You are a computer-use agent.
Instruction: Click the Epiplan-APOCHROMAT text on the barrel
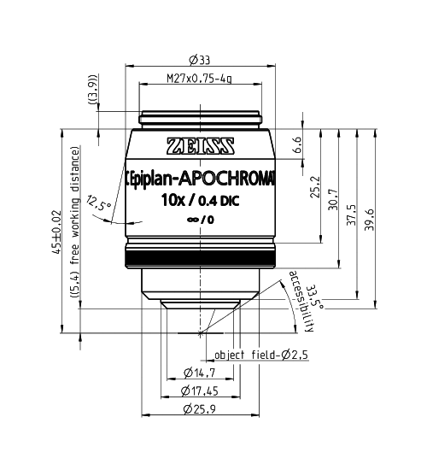tap(201, 178)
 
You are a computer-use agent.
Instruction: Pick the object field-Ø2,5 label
tap(254, 355)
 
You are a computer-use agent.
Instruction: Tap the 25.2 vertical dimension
tap(316, 185)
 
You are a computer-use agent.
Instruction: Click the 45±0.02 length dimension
tap(57, 231)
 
